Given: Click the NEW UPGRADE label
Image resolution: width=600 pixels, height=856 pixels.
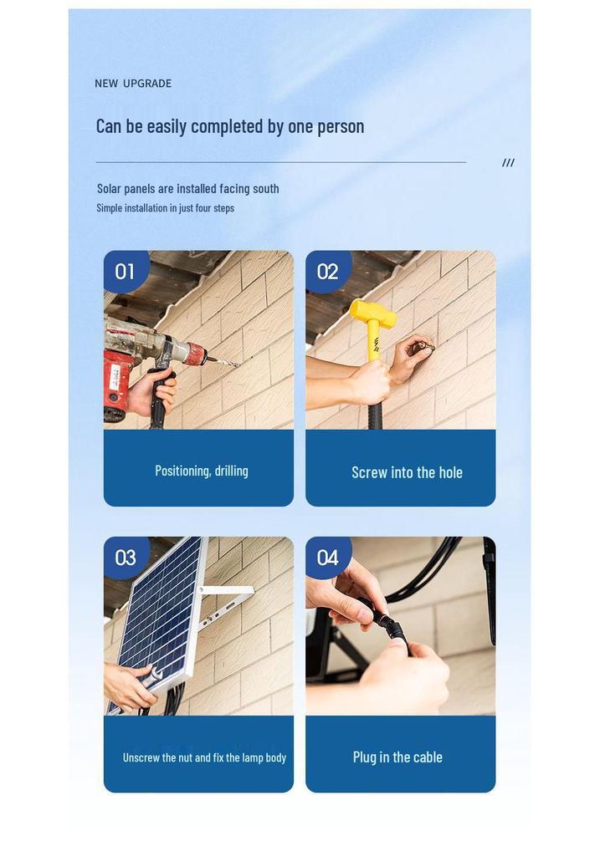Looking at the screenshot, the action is (133, 84).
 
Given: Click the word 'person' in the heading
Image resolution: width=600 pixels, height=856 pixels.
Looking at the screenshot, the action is (341, 127).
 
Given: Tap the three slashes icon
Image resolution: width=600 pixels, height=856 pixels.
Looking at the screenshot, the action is (508, 163).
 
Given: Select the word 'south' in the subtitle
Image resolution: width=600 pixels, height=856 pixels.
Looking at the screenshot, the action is (265, 189).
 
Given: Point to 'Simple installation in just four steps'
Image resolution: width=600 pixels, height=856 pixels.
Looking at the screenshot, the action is (165, 208).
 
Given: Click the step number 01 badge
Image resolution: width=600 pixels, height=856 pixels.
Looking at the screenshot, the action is (126, 271).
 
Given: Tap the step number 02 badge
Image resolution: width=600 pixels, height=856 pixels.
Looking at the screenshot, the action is (327, 271).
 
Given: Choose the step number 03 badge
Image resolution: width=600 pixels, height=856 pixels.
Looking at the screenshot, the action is (126, 557).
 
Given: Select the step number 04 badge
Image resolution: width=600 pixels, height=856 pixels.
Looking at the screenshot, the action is (327, 557).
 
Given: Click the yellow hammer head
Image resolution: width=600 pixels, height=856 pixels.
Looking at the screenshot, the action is (372, 314).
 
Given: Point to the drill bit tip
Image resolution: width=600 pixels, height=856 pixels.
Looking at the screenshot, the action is (238, 365).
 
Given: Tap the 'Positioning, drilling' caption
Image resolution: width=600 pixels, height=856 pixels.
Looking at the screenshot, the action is (201, 471).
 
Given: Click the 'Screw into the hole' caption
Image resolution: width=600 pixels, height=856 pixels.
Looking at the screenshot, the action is (407, 472).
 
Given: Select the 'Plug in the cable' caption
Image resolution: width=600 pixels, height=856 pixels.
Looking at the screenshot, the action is (397, 757).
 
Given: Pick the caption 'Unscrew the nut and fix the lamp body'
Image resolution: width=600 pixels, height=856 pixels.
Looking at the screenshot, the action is (204, 757).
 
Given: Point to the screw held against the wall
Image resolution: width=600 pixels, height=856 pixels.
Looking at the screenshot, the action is (426, 347).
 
